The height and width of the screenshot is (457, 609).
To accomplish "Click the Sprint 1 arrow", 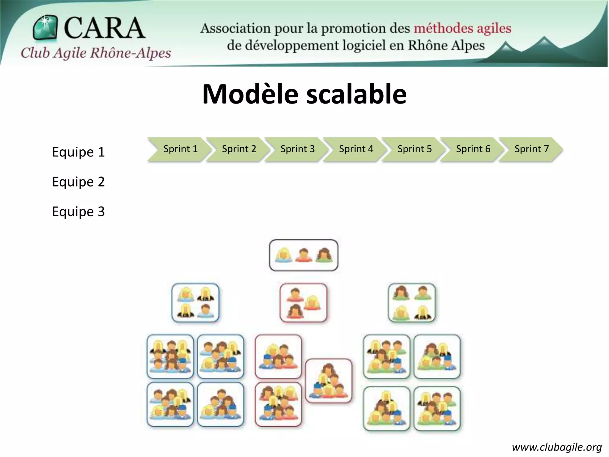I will tap(178, 149).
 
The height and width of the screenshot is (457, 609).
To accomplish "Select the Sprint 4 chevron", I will tap(354, 149).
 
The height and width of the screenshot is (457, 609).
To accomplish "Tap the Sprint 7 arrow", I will tap(530, 149).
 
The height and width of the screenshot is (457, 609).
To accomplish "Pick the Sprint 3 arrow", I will tap(296, 149).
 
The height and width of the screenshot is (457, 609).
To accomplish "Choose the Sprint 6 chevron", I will tap(472, 149).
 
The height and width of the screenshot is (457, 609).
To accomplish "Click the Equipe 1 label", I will tap(78, 152).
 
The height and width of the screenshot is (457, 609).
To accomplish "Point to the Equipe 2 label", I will tap(78, 182).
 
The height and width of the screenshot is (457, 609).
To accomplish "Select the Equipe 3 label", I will tap(78, 212).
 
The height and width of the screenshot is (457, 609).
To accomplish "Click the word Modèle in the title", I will tap(250, 94).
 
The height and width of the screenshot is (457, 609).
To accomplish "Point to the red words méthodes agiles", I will tap(462, 29).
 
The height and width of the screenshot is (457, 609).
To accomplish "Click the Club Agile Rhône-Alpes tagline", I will tap(96, 53).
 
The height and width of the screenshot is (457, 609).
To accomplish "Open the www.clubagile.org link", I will tap(557, 447).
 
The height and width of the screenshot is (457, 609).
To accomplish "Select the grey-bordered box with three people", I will tap(303, 255).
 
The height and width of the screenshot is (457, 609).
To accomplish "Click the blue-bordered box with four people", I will tap(195, 303).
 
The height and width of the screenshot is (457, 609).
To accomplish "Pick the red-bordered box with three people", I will tap(303, 303).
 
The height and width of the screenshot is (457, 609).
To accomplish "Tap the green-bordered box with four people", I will tap(412, 303).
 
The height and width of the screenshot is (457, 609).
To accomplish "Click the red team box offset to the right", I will tap(329, 381).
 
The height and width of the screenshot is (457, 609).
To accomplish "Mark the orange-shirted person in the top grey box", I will tap(303, 255).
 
